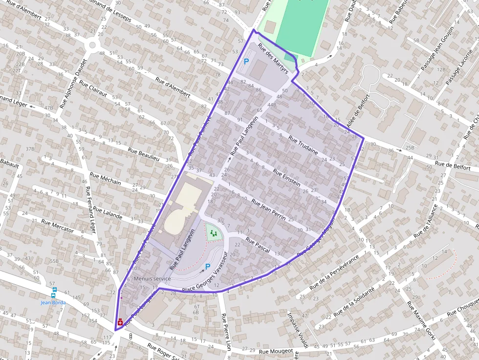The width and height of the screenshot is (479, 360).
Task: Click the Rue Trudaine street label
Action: click(303, 145)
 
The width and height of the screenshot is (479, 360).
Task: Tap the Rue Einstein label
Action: click(286, 177)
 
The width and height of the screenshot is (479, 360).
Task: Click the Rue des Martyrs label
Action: click(272, 60)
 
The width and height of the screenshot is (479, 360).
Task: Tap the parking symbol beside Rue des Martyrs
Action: click(246, 62)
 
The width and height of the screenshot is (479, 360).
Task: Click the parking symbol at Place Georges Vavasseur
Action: click(208, 267)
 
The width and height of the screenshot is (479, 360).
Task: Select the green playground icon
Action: click(213, 233)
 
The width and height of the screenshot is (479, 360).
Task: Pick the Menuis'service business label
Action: click(152, 278)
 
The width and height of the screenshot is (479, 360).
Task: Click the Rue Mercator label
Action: click(58, 226)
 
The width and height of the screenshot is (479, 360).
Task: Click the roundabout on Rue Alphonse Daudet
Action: click(91, 45)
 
